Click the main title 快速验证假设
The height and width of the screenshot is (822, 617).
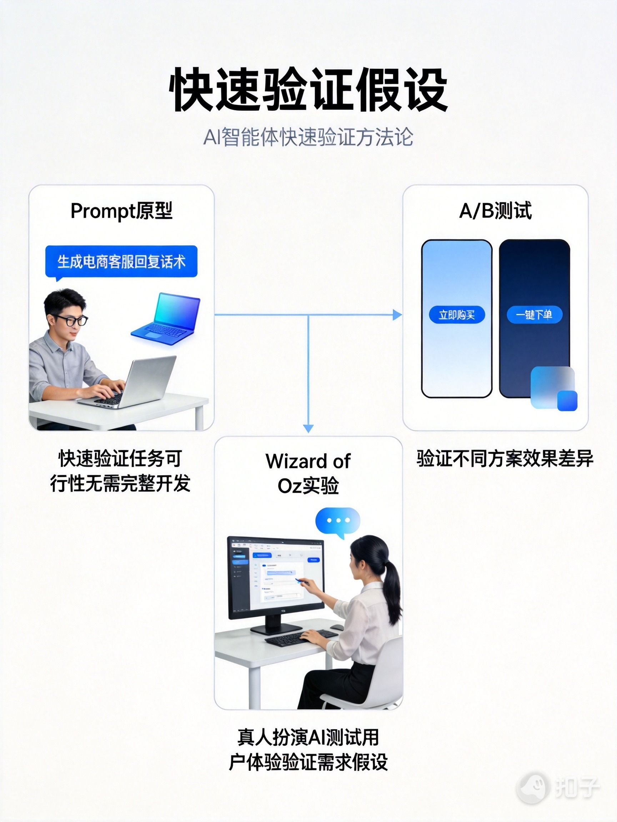tap(308, 90)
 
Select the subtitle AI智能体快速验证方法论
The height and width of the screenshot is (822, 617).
tap(308, 137)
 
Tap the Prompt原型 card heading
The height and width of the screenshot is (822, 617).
tap(121, 211)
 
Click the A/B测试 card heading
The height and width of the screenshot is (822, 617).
tap(495, 211)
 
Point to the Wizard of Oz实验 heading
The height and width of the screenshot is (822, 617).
tap(308, 473)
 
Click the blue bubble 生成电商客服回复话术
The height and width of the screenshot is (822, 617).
tap(121, 262)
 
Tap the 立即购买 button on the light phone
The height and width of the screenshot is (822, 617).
tap(457, 315)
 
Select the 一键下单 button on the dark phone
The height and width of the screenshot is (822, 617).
tap(534, 315)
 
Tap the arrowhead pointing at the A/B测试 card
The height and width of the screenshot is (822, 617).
tap(397, 315)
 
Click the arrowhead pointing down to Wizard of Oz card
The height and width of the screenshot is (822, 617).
tap(308, 428)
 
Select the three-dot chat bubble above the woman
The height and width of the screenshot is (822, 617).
tap(338, 521)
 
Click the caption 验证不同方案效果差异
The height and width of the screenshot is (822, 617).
tap(505, 458)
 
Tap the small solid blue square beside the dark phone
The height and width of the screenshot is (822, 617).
tap(567, 401)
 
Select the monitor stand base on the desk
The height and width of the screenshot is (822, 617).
tap(276, 629)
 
